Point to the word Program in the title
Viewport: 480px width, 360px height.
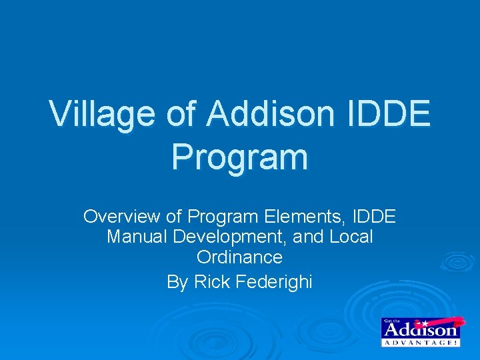[x=239, y=157]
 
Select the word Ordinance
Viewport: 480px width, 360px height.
[x=239, y=257]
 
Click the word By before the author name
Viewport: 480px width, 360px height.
[x=177, y=283]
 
